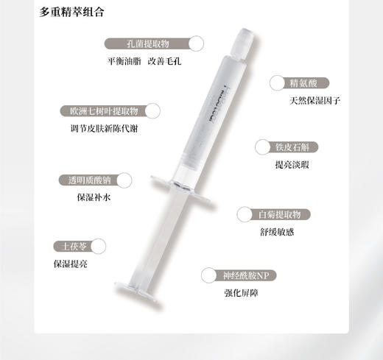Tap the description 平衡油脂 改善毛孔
click(x=144, y=61)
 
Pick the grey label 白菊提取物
click(x=279, y=213)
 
